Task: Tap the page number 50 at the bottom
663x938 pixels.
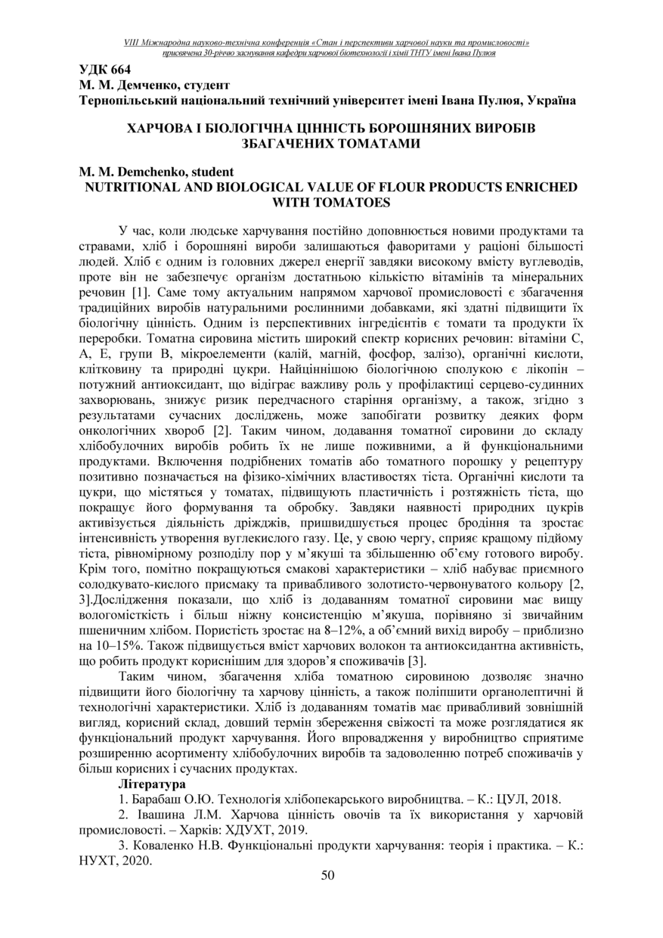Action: (328, 875)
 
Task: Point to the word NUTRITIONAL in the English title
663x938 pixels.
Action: (132, 187)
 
